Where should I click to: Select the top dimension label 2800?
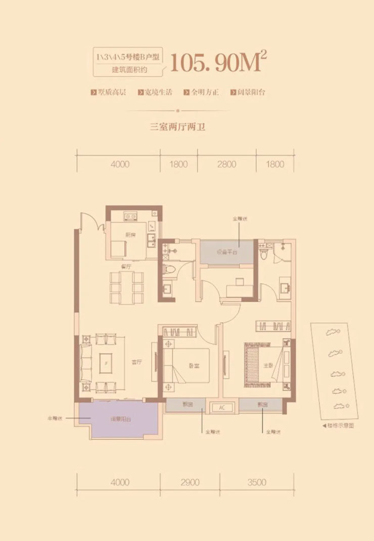(227, 164)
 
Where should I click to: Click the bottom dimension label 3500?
(257, 482)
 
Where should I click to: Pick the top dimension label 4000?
(119, 164)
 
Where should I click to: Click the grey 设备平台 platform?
(226, 252)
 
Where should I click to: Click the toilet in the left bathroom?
(169, 270)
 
